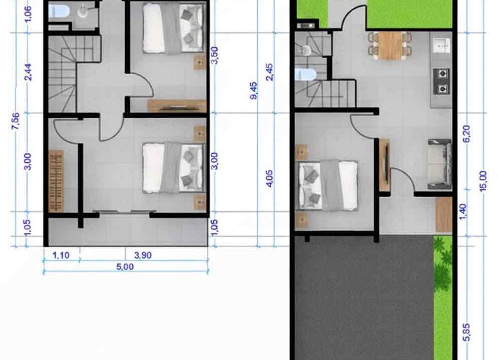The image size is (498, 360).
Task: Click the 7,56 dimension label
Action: point(15,121)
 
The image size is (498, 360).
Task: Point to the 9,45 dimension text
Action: point(254,91)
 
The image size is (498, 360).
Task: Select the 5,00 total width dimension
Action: point(125,266)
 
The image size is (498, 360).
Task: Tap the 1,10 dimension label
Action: point(61,255)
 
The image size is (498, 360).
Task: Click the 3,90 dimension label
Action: point(143,255)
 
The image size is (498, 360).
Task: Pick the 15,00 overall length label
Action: point(483,181)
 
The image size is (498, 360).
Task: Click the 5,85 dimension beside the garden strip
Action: point(467,332)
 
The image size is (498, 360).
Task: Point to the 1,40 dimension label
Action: point(463,211)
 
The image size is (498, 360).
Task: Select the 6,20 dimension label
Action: point(467,134)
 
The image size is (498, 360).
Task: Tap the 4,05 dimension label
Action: point(269,178)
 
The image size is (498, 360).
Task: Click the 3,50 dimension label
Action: point(215,55)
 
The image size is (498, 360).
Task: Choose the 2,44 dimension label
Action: point(28,72)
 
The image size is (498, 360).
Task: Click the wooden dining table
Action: point(390,46)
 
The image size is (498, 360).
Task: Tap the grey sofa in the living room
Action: point(439,164)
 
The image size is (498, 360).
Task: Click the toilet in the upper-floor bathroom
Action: point(59,12)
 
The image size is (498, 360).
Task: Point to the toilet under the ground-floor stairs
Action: point(305,75)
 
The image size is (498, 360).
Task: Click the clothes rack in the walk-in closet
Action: point(56,181)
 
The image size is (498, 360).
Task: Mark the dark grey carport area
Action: point(364,297)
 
